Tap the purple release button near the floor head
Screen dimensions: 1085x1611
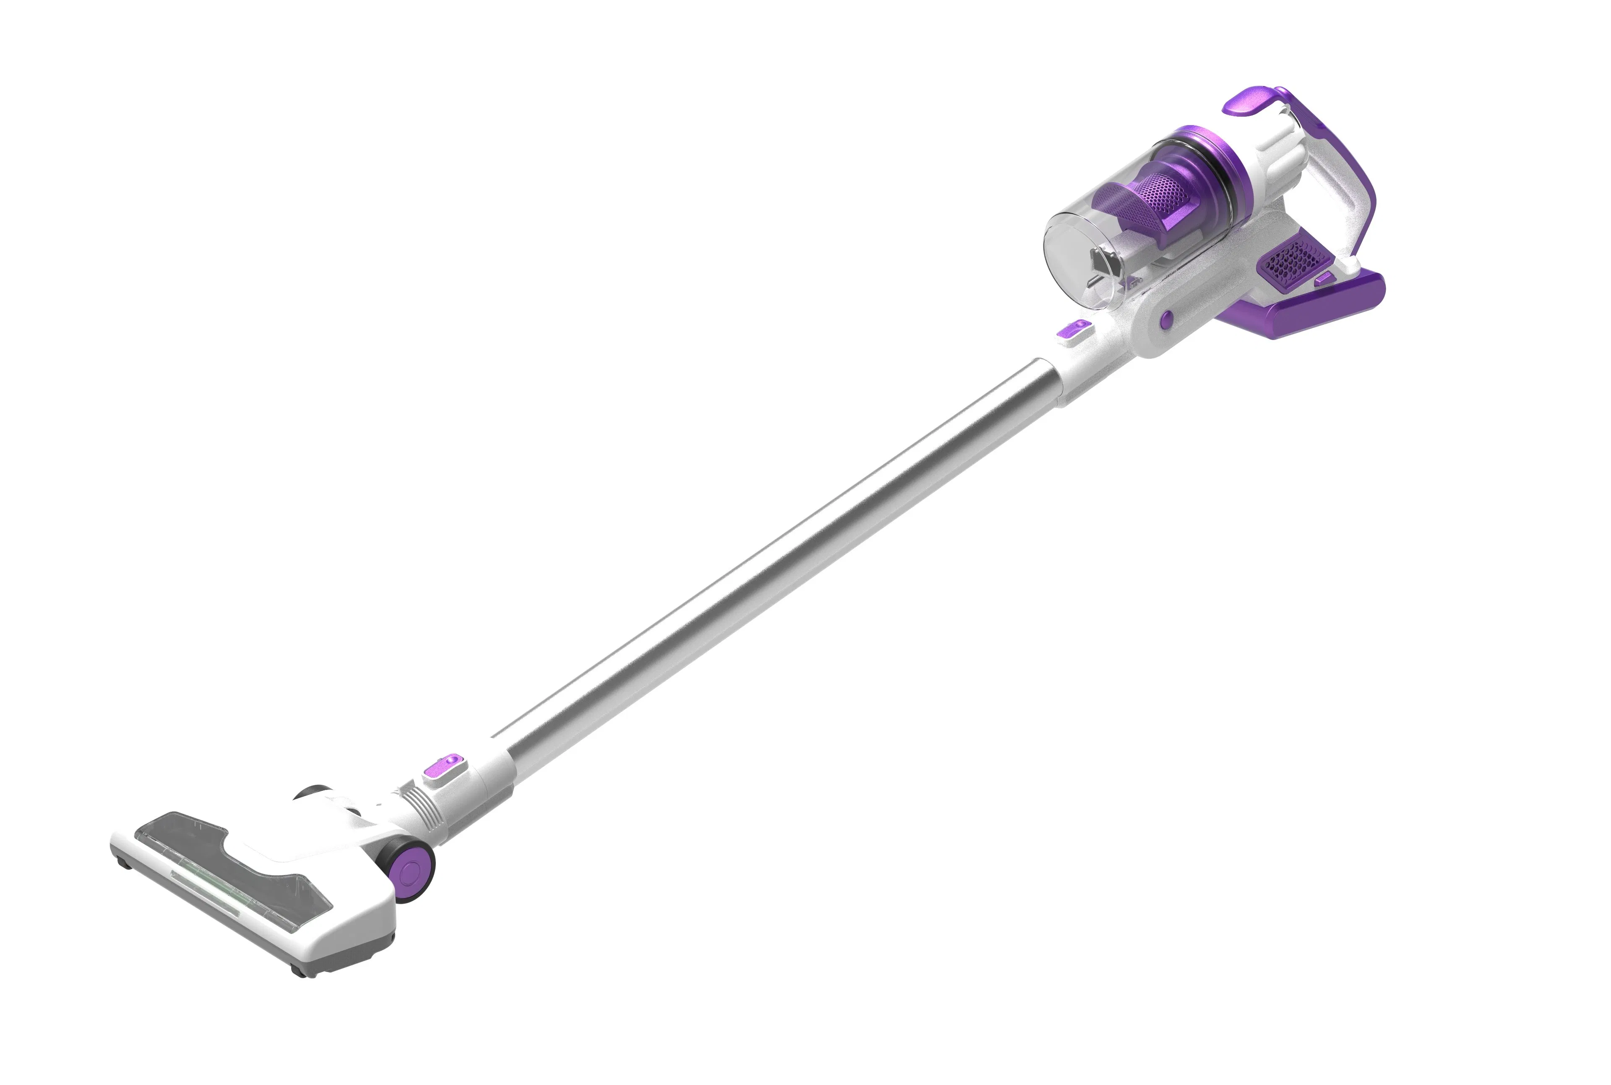[x=443, y=767]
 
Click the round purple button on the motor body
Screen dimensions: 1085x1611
[x=1166, y=319]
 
